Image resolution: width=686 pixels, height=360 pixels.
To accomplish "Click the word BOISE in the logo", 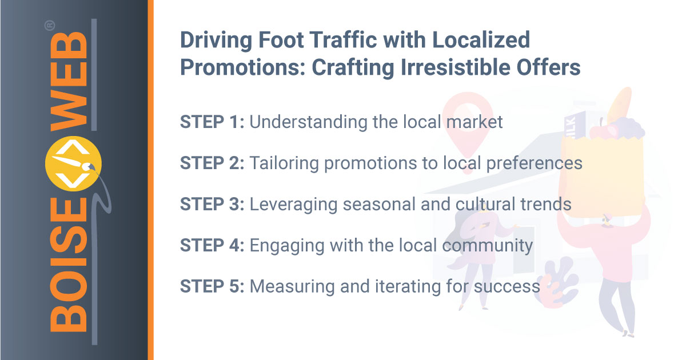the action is (x=68, y=264).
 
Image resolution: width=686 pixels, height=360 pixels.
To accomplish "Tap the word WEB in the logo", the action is (x=69, y=81).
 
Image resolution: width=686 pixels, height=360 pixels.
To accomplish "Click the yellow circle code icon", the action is (x=73, y=163).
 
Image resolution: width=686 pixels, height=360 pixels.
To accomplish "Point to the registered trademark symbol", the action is (x=50, y=25).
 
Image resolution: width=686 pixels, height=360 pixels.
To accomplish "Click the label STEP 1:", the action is (x=212, y=122).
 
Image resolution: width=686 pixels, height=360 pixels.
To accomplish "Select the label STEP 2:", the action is (x=212, y=163).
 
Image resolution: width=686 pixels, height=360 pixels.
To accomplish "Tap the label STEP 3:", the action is (x=212, y=204).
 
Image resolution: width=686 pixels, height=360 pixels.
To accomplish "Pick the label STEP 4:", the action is (x=212, y=245).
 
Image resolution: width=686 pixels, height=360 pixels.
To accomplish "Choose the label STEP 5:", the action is (x=212, y=286).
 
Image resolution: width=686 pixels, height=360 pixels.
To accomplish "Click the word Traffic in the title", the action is (x=343, y=40).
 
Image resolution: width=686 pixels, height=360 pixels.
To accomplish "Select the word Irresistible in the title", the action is (x=456, y=67).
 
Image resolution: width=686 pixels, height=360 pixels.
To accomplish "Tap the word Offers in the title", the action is (x=548, y=67).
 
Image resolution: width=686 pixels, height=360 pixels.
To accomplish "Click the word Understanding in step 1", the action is (x=308, y=122).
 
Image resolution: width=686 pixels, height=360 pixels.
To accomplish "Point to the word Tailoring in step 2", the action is (x=285, y=163).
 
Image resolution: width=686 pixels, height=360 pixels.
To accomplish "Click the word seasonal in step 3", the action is (x=379, y=205).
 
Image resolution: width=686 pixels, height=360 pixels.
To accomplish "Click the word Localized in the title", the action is (x=481, y=40).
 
